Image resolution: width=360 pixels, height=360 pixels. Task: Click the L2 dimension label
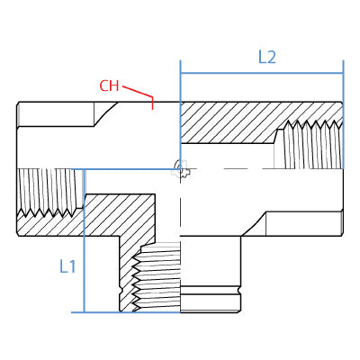[x=267, y=57]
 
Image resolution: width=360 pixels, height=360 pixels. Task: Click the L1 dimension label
[x=67, y=266]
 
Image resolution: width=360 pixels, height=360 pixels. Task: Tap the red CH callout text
[x=109, y=85]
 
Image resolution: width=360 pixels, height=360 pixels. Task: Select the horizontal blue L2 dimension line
[x=262, y=73]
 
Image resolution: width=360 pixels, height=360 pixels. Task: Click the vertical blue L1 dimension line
[x=85, y=241]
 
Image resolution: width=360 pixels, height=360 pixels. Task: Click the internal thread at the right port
[x=309, y=145]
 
